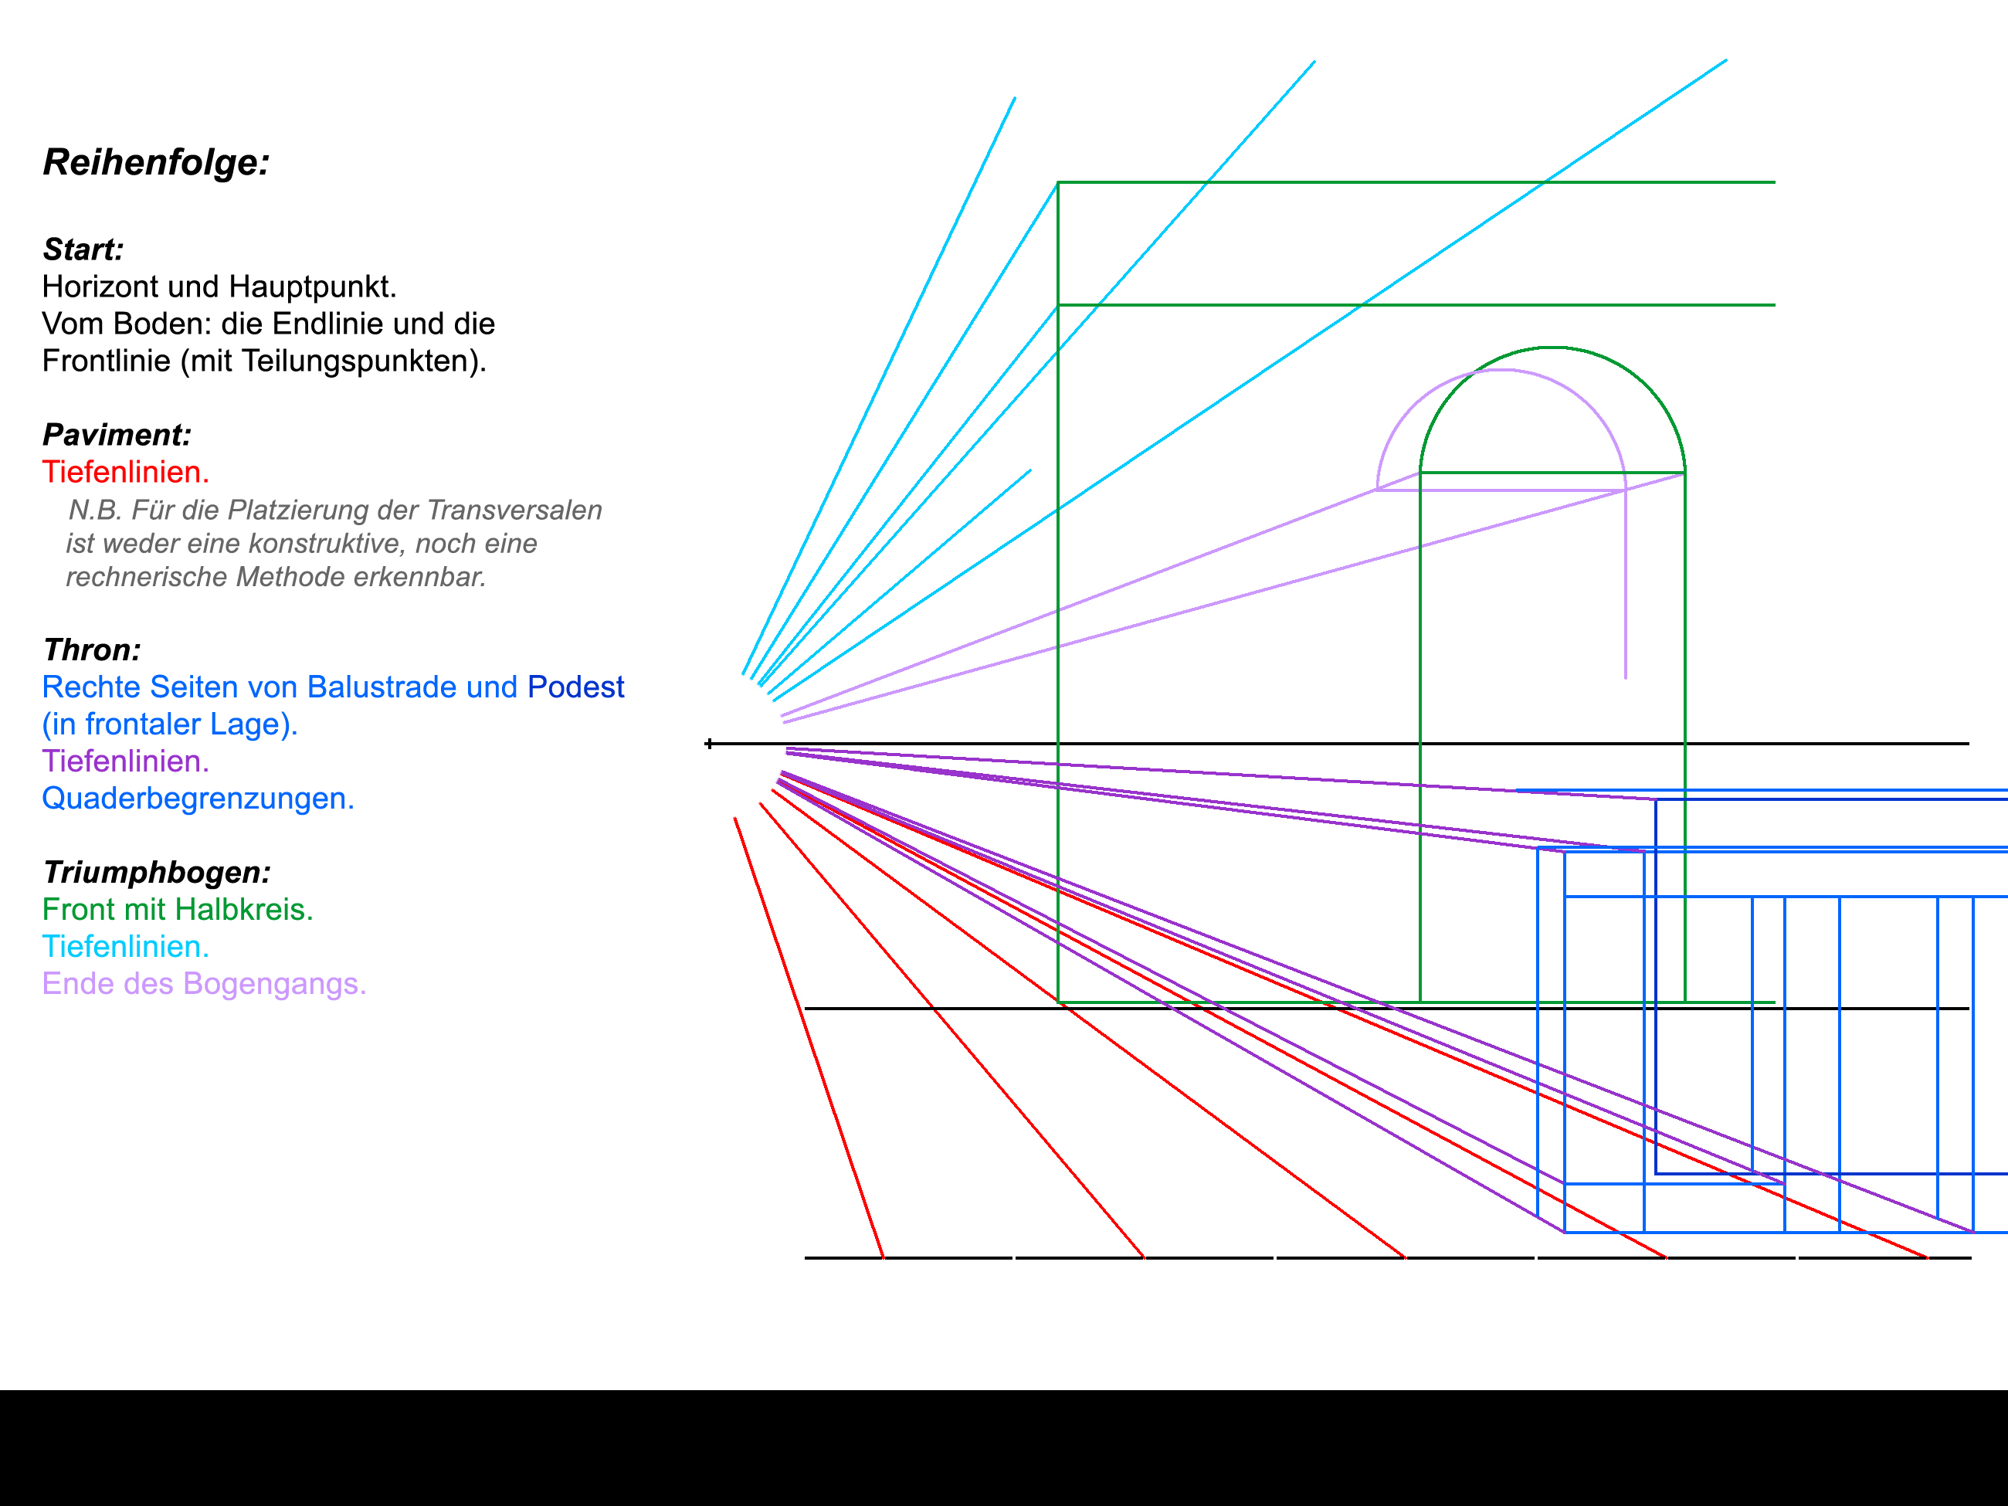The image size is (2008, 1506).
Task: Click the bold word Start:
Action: point(83,249)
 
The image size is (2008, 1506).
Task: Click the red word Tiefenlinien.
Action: point(125,472)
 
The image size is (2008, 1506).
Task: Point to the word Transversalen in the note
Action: point(514,510)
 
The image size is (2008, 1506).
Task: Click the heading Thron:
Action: point(92,650)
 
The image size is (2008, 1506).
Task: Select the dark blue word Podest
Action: point(575,687)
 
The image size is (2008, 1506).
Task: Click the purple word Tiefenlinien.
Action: point(125,761)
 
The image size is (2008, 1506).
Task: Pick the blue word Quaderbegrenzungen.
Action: point(198,798)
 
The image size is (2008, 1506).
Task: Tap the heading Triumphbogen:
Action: point(157,873)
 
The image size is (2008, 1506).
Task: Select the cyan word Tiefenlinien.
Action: point(125,947)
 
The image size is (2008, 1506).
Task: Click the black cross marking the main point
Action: point(709,744)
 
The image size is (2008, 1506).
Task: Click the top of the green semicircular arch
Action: point(1552,347)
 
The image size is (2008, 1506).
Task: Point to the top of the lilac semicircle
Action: point(1501,369)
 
